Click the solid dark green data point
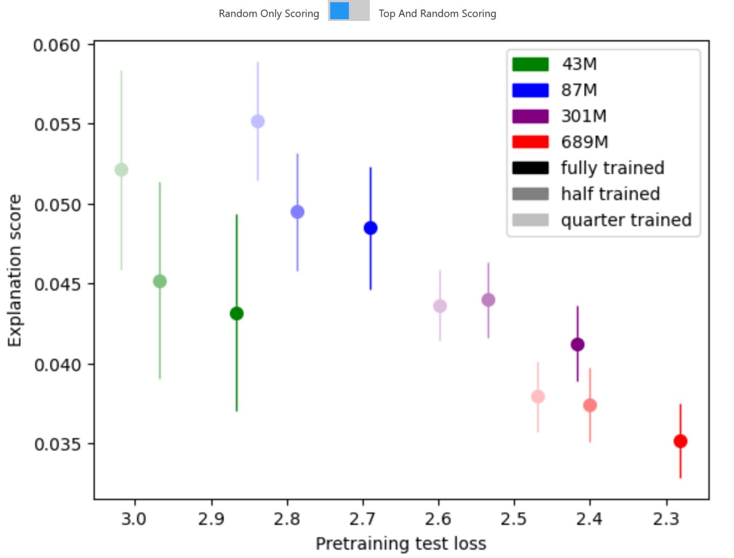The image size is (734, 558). click(x=237, y=314)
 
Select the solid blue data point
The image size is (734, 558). click(x=370, y=228)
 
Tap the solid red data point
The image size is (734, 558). click(x=680, y=441)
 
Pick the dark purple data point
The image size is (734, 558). click(x=577, y=344)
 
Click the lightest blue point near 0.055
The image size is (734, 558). click(x=258, y=121)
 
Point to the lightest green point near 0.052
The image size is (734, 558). click(x=121, y=170)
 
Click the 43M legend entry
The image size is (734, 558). click(x=579, y=64)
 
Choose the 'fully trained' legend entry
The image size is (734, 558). click(x=613, y=168)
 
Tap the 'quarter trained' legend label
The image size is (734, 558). click(x=626, y=220)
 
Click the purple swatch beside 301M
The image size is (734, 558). click(x=530, y=116)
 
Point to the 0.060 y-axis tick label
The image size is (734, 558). click(x=57, y=45)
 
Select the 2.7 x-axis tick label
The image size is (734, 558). click(x=362, y=519)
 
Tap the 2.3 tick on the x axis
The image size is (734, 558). click(x=666, y=519)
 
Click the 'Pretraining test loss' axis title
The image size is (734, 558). click(x=401, y=544)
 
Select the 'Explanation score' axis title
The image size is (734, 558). click(x=15, y=270)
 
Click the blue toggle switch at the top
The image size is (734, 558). click(x=349, y=11)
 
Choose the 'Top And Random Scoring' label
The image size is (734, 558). click(x=437, y=13)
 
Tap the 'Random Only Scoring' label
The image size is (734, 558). click(x=269, y=13)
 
